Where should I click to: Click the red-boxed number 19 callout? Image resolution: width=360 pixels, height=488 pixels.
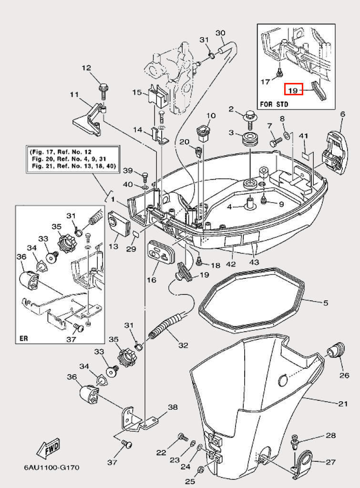pos(294,89)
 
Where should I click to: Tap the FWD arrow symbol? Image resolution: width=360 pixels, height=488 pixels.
pos(48,448)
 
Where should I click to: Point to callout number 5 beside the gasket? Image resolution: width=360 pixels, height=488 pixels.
pos(326,302)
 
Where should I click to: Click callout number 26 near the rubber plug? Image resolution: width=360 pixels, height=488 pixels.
pos(344,375)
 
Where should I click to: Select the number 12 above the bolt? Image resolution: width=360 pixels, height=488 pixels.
pos(86,68)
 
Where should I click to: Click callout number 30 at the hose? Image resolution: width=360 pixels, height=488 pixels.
pos(220,33)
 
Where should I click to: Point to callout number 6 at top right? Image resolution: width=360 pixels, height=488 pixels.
pos(342,114)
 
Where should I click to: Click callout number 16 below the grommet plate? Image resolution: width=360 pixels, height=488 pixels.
pos(151,280)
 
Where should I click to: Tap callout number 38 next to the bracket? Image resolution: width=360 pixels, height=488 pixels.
pos(173,407)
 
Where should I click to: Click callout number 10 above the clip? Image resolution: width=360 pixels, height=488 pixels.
pos(211,116)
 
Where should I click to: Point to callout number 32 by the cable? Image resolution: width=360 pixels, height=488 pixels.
pos(183,345)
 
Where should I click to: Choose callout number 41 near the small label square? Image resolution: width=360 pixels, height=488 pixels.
pos(304,136)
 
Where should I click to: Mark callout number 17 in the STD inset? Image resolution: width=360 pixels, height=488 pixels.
pos(266,82)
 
